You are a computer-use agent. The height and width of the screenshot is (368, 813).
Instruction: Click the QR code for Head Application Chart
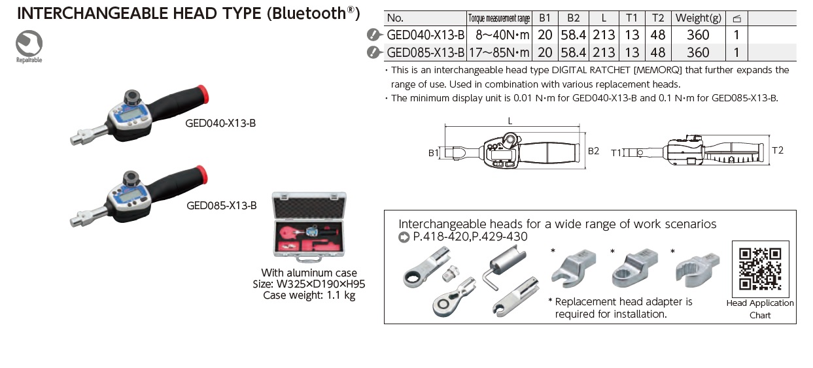(x=759, y=268)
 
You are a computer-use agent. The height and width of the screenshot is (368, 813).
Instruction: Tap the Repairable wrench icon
(x=29, y=44)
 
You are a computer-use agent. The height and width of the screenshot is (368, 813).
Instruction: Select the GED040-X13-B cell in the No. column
(x=426, y=35)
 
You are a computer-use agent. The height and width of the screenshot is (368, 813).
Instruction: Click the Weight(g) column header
(x=698, y=18)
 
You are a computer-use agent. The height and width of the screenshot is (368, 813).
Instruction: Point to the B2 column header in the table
(x=574, y=18)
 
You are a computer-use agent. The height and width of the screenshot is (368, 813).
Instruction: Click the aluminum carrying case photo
(x=308, y=229)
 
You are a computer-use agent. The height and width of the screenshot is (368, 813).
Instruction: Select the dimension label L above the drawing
(x=510, y=121)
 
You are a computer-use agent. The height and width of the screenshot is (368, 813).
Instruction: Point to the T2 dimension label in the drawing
(x=777, y=150)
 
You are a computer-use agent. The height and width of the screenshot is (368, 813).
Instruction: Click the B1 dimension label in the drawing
(x=433, y=152)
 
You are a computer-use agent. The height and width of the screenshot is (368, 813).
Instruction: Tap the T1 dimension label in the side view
(x=615, y=152)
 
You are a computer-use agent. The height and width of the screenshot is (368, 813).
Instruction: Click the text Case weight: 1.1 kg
(x=309, y=295)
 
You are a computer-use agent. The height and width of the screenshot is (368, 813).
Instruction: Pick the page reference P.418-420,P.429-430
(x=470, y=237)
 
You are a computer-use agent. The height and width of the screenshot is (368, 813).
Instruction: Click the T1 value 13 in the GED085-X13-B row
(x=632, y=52)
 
